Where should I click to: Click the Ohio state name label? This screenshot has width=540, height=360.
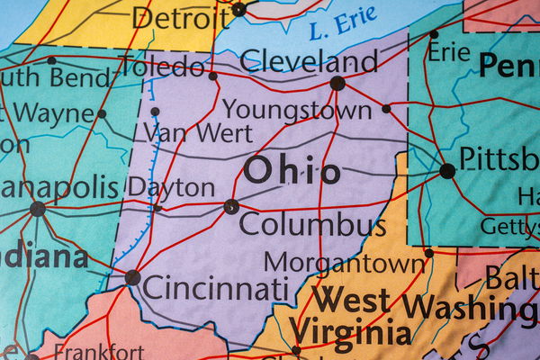pyautogui.click(x=292, y=170)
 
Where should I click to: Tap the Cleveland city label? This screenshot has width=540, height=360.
pyautogui.click(x=309, y=60)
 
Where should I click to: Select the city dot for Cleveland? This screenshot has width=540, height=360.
pyautogui.click(x=337, y=83)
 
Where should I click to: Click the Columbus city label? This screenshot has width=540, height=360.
pyautogui.click(x=312, y=224)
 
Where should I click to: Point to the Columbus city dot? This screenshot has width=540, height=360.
pyautogui.click(x=231, y=206)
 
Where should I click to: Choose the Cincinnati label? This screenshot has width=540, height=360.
pyautogui.click(x=216, y=289)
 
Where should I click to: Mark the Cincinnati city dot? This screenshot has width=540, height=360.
pyautogui.click(x=132, y=277)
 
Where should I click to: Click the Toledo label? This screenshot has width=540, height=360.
pyautogui.click(x=163, y=66)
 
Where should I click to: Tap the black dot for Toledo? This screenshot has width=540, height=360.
pyautogui.click(x=212, y=76)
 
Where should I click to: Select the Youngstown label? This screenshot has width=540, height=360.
pyautogui.click(x=296, y=110)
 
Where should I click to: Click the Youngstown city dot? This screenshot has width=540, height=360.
pyautogui.click(x=386, y=109)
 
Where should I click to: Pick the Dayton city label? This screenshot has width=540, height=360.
pyautogui.click(x=171, y=187)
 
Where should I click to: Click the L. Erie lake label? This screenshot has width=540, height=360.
pyautogui.click(x=342, y=26)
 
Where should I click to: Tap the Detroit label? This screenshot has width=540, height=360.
pyautogui.click(x=179, y=16)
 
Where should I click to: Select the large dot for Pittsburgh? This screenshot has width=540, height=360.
pyautogui.click(x=447, y=171)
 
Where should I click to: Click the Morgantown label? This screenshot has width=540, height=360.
pyautogui.click(x=344, y=263)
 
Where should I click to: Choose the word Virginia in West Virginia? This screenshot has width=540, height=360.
pyautogui.click(x=352, y=330)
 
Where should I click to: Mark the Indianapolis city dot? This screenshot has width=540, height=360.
pyautogui.click(x=37, y=209)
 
